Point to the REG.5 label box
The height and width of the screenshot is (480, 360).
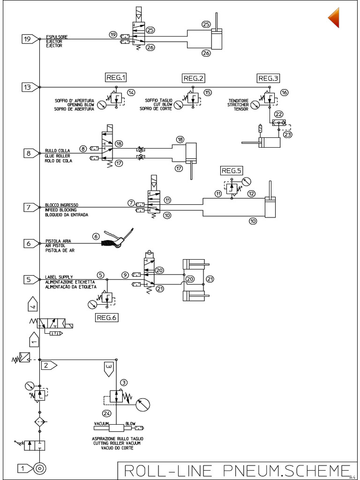(232, 171)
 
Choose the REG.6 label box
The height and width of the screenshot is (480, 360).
(107, 317)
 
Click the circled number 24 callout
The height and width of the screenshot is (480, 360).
(107, 413)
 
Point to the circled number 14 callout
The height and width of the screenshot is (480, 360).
(131, 92)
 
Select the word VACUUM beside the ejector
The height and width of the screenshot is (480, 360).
(102, 423)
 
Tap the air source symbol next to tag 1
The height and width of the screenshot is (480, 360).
(39, 468)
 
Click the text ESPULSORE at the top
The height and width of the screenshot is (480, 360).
(56, 36)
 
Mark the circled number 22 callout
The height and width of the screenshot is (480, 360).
(278, 114)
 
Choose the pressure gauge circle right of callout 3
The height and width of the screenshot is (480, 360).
(144, 403)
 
